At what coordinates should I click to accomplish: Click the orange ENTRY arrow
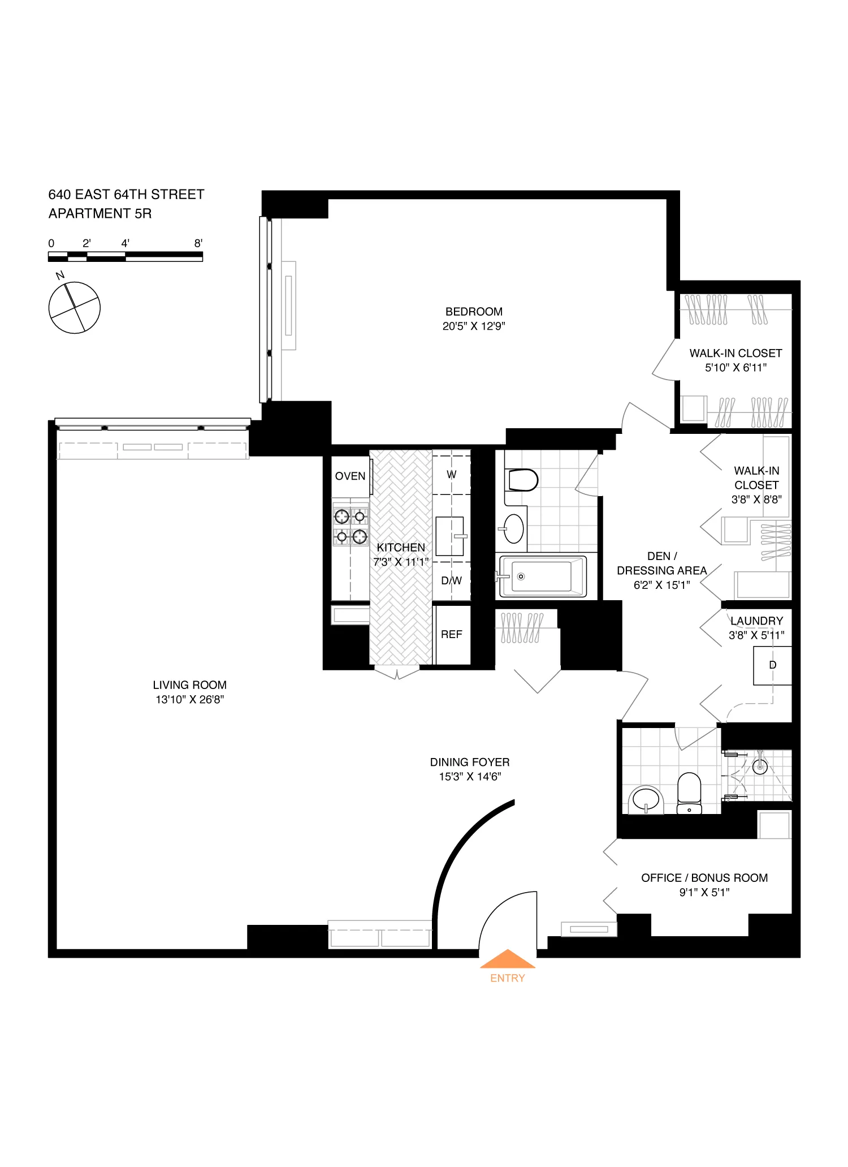pos(507,960)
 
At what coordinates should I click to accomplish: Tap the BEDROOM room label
pos(474,312)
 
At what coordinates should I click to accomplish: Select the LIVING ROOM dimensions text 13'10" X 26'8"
pos(190,700)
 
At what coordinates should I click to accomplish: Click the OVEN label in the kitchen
pos(350,476)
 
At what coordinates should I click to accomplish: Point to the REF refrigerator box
pos(452,635)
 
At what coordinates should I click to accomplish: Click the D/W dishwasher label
pos(452,581)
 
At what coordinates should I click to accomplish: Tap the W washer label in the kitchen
pos(452,475)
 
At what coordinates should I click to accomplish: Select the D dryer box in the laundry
pos(772,666)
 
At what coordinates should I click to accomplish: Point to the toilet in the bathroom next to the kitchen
pos(521,480)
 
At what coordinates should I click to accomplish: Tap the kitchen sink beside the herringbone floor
pos(449,536)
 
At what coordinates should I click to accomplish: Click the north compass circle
pos(75,308)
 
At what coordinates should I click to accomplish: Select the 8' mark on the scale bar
pos(198,243)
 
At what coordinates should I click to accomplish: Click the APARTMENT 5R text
pos(100,214)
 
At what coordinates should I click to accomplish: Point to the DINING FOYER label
pos(470,763)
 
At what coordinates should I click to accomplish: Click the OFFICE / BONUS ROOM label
pos(704,878)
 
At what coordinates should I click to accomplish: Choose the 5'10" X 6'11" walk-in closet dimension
pos(735,368)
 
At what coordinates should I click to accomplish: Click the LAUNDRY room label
pos(756,621)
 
